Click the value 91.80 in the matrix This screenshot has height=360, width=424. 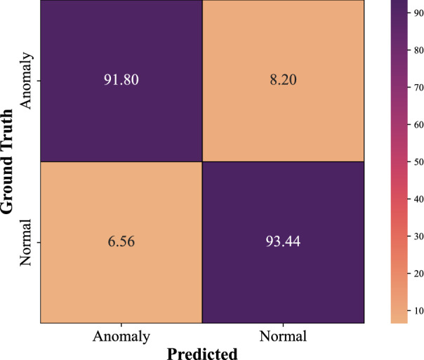(121, 81)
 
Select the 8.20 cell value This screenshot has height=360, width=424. (284, 81)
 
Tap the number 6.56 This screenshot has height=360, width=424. (121, 242)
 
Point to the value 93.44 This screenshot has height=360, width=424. (284, 242)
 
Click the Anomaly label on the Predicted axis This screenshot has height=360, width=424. (121, 337)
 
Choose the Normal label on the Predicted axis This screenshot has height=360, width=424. (284, 337)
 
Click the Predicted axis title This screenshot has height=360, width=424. (203, 352)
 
